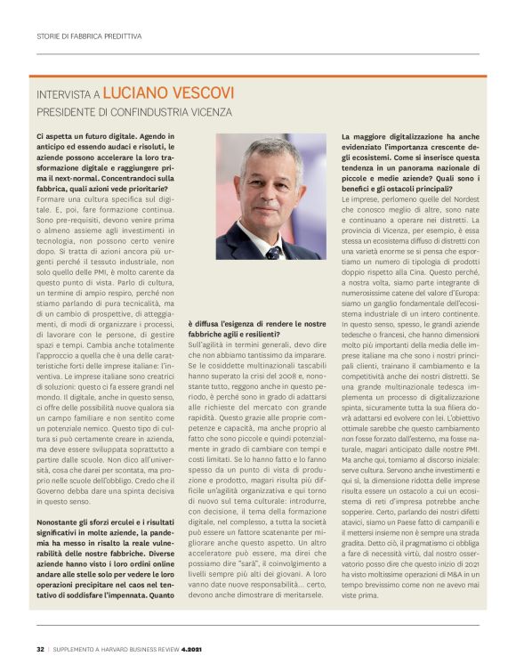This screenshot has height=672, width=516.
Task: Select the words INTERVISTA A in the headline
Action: pos(68,93)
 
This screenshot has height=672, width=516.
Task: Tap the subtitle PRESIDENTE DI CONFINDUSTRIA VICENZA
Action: pos(133,112)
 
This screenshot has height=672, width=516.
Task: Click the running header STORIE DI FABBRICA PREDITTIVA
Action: pos(88,36)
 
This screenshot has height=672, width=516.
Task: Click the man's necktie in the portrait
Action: pos(272,251)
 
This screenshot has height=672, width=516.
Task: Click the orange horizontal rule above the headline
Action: pos(258,77)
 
